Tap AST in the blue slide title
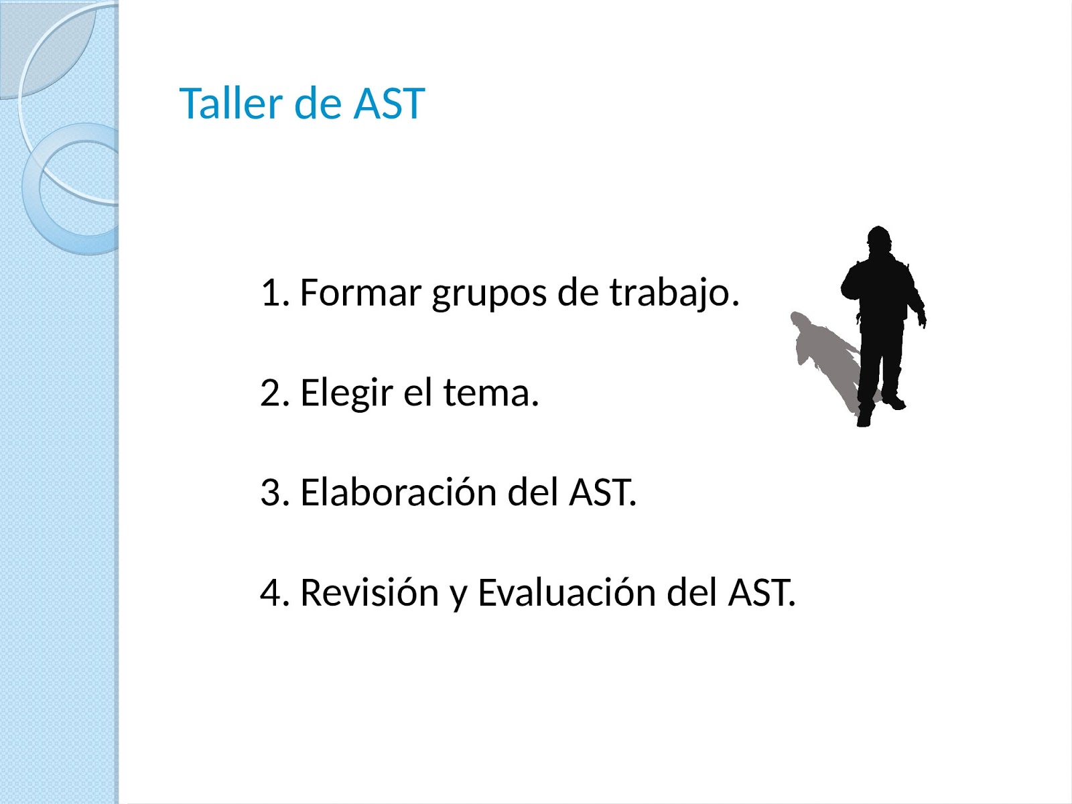tap(389, 104)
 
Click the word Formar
tap(360, 293)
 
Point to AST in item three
tap(602, 492)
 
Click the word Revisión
tap(369, 592)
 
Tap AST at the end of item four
tap(761, 592)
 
